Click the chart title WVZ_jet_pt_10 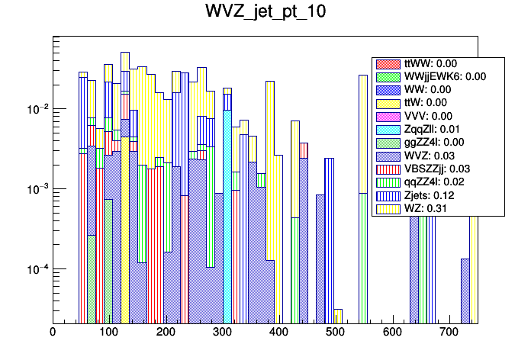pos(265,13)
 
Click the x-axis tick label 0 pos(53,332)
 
